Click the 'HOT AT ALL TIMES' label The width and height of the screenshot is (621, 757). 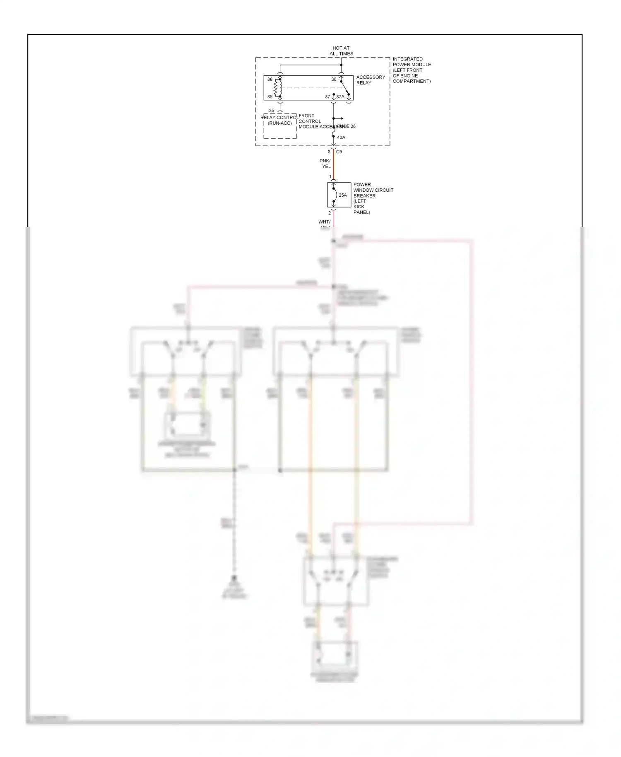341,51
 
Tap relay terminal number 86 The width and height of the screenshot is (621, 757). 270,80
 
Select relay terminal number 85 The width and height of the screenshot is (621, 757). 270,97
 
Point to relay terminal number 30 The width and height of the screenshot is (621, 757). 334,80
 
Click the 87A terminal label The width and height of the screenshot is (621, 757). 340,97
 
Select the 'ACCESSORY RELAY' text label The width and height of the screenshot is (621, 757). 371,80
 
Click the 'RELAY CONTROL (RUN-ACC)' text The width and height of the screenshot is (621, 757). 279,121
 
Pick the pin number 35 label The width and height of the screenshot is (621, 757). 272,111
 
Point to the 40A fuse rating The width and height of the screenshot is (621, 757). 341,137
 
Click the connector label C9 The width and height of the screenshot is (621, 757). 339,152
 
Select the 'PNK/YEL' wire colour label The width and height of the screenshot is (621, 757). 325,164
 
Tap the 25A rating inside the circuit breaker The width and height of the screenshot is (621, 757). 343,195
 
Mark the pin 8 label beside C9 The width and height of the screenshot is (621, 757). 329,152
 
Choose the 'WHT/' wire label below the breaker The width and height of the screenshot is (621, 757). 324,222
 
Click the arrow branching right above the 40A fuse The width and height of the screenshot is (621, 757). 339,118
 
